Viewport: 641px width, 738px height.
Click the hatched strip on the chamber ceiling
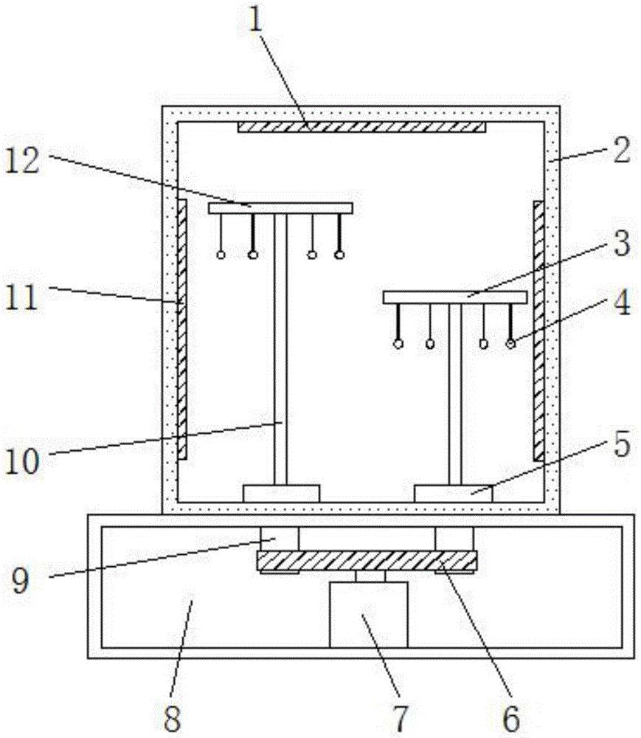[361, 128]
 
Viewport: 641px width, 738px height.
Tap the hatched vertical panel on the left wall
[181, 328]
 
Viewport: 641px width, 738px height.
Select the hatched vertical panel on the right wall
[538, 328]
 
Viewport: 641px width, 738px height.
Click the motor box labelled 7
[368, 614]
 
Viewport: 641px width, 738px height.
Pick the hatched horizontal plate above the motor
[367, 560]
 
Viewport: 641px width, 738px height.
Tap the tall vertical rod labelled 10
[280, 347]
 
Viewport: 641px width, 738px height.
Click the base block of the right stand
[453, 493]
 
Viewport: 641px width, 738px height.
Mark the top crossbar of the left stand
[280, 209]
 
